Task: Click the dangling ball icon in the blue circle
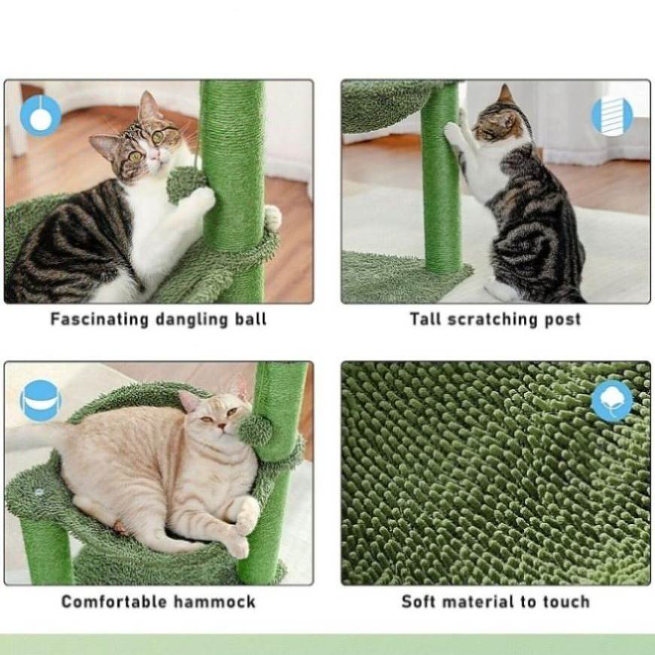(x=41, y=115)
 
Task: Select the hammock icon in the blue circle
(x=41, y=401)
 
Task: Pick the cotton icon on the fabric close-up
(x=612, y=401)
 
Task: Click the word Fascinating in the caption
(x=99, y=319)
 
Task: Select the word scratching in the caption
(x=492, y=319)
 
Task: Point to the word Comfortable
(x=114, y=602)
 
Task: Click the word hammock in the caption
(x=215, y=602)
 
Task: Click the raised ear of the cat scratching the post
(x=505, y=94)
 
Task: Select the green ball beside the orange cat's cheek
(x=254, y=430)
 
